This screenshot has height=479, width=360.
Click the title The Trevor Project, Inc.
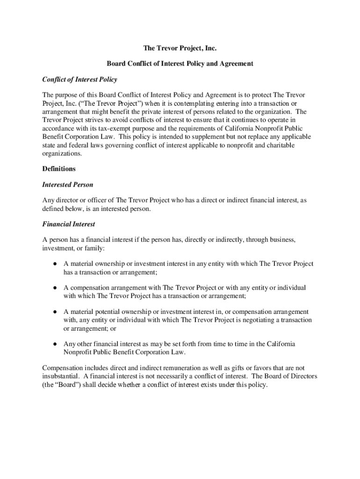click(180, 48)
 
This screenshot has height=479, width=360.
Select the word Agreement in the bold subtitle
click(236, 63)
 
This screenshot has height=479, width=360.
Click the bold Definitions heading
click(59, 168)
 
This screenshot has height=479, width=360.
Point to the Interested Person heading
click(68, 185)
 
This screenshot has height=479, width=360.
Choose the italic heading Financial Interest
click(69, 224)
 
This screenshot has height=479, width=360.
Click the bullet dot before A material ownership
click(55, 264)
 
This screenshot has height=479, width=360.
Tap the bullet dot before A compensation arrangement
click(55, 288)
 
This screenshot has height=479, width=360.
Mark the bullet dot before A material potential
click(55, 312)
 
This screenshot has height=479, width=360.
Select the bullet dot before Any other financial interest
click(55, 344)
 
